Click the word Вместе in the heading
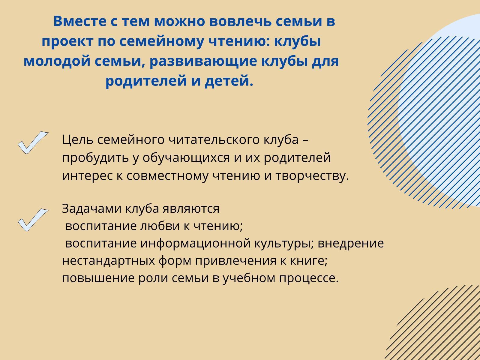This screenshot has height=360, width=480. tap(80, 21)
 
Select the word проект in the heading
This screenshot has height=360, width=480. tap(67, 41)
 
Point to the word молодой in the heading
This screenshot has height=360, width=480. tap(57, 61)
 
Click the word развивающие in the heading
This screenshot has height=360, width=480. tap(203, 61)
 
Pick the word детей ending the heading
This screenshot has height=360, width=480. tap(229, 81)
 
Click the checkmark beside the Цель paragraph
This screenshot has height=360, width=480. tap(33, 142)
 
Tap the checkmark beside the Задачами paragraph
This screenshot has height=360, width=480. tap(33, 220)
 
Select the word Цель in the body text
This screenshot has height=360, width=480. tap(77, 140)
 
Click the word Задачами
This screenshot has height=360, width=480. tap(91, 209)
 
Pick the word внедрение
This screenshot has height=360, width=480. tap(350, 244)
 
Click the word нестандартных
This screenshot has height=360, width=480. tap(109, 261)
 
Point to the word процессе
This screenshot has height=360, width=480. tap(309, 278)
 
